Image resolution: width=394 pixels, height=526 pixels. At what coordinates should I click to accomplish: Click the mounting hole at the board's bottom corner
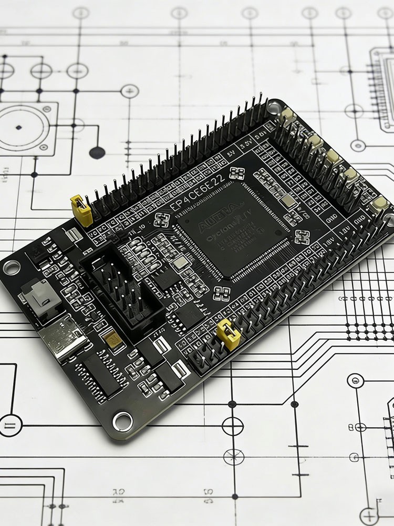tap(122, 419)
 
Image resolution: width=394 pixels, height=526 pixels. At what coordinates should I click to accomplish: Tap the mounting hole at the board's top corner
tap(273, 107)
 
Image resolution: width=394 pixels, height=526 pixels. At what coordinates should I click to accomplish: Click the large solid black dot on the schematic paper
tap(97, 153)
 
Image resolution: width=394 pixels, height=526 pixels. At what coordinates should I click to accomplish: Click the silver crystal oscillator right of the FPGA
tap(287, 201)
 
